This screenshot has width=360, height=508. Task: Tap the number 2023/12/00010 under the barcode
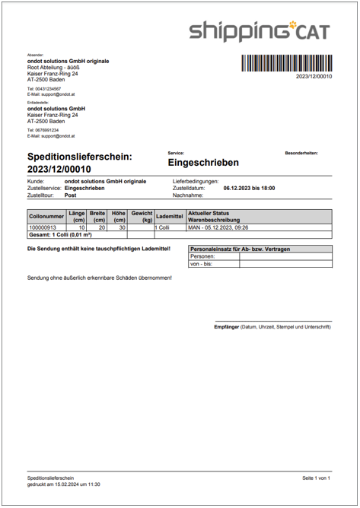click(x=314, y=77)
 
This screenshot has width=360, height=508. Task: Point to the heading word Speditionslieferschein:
click(x=80, y=157)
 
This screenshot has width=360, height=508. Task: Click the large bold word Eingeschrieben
click(x=202, y=163)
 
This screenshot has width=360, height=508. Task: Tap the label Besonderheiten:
click(x=301, y=153)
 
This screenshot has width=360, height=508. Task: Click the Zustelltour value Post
click(x=71, y=195)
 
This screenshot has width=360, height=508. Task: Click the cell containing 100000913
click(x=43, y=227)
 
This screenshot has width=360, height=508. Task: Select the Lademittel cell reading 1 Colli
click(x=161, y=227)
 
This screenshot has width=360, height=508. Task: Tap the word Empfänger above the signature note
click(x=226, y=327)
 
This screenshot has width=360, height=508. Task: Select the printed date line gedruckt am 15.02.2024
click(x=64, y=484)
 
